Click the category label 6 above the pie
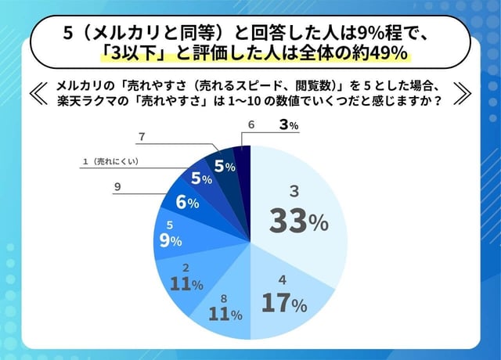pyautogui.click(x=250, y=125)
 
